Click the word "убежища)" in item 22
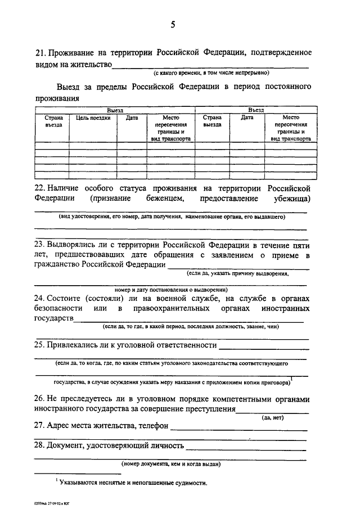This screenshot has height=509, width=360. tap(291, 199)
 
